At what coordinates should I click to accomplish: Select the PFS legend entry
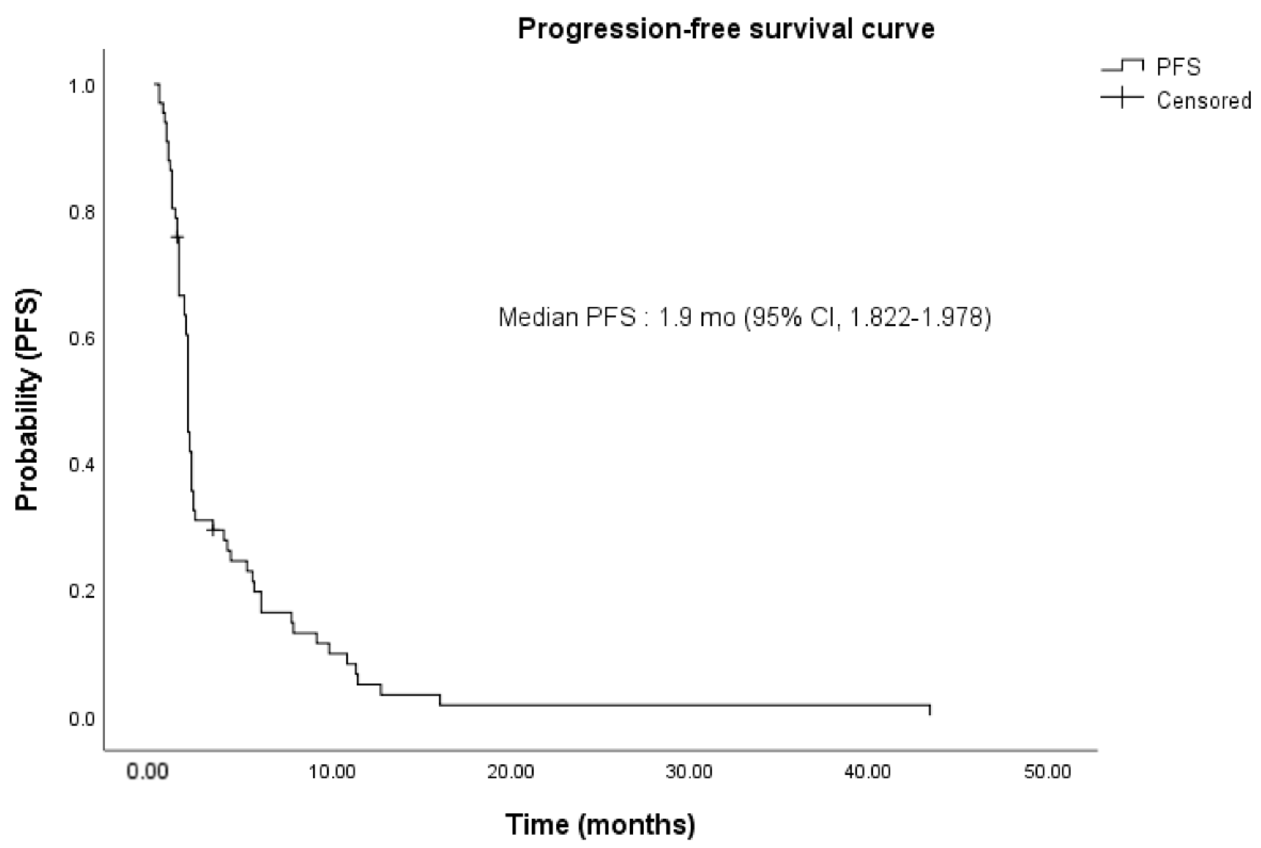click(1178, 67)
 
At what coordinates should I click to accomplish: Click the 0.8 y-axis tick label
click(81, 212)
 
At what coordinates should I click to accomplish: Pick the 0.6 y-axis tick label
click(81, 339)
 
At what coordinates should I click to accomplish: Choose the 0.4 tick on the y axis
click(81, 465)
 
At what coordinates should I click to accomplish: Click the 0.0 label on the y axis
click(81, 719)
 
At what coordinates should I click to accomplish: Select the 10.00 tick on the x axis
click(332, 772)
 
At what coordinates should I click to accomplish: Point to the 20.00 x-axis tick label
click(510, 772)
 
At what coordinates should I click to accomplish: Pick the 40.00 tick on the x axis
click(868, 772)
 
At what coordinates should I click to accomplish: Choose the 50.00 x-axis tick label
click(1047, 772)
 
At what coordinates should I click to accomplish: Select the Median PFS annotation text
click(744, 317)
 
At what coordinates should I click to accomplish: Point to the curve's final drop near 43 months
click(930, 710)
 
